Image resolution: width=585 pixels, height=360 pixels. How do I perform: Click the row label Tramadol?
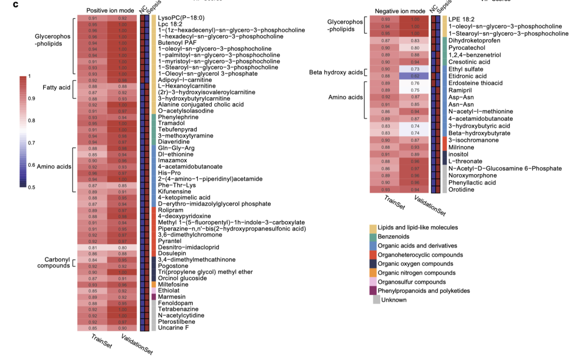coord(170,123)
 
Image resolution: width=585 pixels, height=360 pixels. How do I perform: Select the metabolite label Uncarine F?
coord(173,328)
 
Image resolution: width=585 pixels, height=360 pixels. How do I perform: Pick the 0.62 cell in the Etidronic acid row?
coord(415,76)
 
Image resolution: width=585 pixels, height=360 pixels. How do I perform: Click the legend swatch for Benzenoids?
coord(373,237)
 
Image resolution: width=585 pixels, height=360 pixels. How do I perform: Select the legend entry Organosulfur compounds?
coord(412,282)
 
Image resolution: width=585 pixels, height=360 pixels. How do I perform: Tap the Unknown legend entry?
coord(394,300)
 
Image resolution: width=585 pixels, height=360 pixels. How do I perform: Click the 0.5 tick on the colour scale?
coord(31,187)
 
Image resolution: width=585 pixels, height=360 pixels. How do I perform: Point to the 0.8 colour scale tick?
coord(31,121)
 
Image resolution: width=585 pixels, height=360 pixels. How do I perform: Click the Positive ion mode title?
coord(111,10)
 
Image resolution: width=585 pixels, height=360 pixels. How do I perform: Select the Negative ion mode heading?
coord(400,10)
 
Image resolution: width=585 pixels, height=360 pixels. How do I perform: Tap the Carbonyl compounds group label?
coord(54,263)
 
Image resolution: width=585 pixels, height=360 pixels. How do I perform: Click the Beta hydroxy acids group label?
coord(335,73)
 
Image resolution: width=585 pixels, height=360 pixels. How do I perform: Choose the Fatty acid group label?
coord(56,87)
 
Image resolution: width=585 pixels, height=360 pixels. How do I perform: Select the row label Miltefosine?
coord(172,284)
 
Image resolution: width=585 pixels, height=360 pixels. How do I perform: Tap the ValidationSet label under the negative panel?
coord(430,206)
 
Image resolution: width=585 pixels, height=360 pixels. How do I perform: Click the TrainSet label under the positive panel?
coord(101,341)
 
